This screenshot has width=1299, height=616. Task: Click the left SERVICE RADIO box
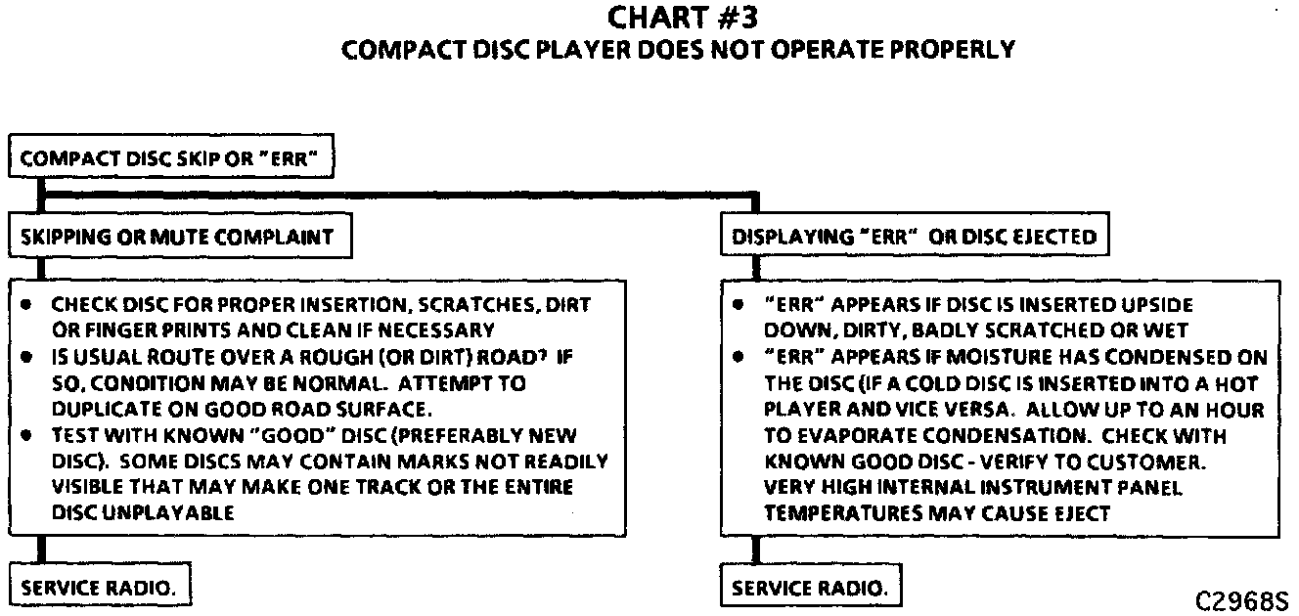[x=100, y=589]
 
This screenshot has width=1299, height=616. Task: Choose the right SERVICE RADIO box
[x=811, y=589]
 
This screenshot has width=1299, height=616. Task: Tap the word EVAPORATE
[x=856, y=435]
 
